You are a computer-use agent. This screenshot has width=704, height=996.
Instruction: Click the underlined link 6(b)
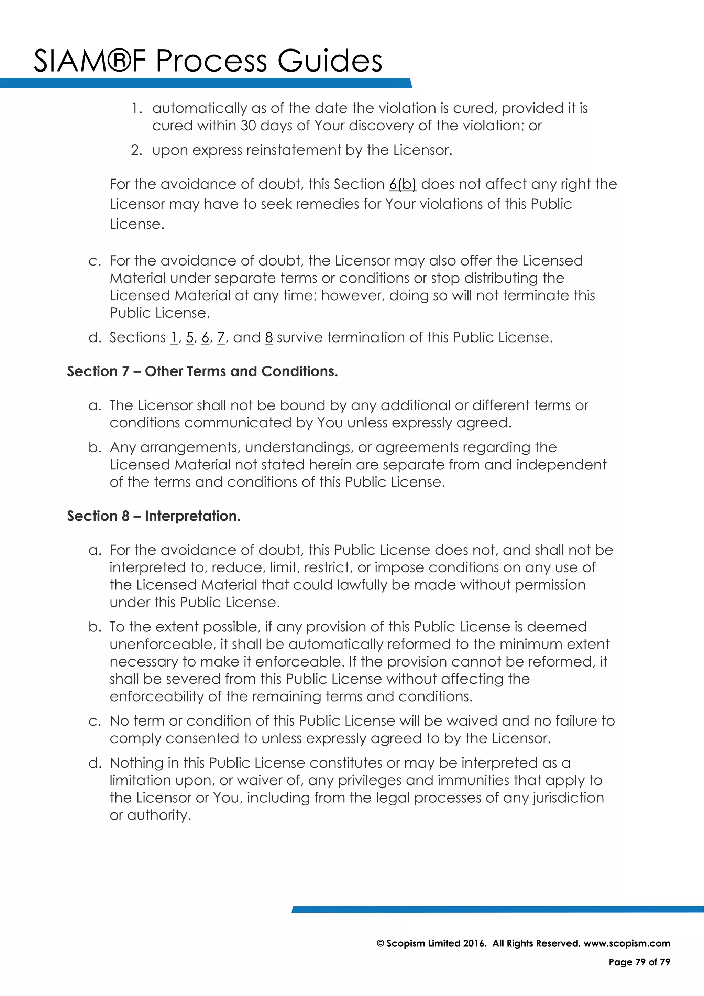pyautogui.click(x=402, y=184)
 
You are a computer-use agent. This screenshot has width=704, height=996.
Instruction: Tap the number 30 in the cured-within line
pyautogui.click(x=249, y=126)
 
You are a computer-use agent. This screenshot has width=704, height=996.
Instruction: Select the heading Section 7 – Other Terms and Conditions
pyautogui.click(x=202, y=371)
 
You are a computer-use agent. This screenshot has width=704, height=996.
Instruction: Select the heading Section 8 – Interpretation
pyautogui.click(x=153, y=516)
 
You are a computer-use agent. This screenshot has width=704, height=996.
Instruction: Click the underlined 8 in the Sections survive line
pyautogui.click(x=269, y=337)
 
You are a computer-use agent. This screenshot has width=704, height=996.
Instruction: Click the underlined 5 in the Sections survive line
pyautogui.click(x=189, y=337)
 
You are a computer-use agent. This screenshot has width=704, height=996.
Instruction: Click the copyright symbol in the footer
pyautogui.click(x=380, y=943)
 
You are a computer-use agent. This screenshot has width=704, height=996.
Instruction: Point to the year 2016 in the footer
pyautogui.click(x=474, y=943)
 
